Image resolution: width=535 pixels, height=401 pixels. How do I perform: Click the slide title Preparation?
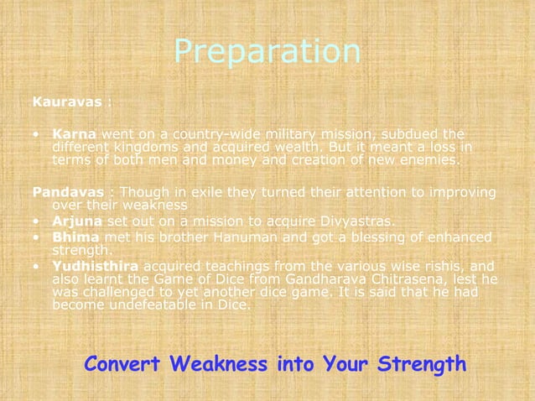tap(267, 52)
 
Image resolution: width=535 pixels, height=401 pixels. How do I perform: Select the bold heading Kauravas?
tap(67, 102)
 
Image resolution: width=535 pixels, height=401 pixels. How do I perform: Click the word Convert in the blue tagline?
tap(123, 365)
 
